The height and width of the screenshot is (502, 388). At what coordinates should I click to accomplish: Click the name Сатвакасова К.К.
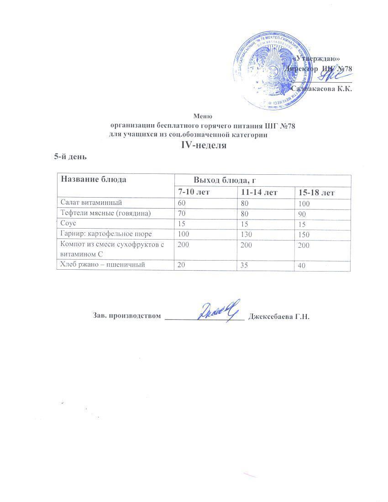click(321, 89)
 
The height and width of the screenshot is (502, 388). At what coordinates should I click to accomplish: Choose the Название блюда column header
click(94, 179)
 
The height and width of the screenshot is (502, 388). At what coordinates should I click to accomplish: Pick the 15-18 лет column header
click(316, 193)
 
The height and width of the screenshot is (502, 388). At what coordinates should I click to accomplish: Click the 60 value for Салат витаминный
click(182, 202)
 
